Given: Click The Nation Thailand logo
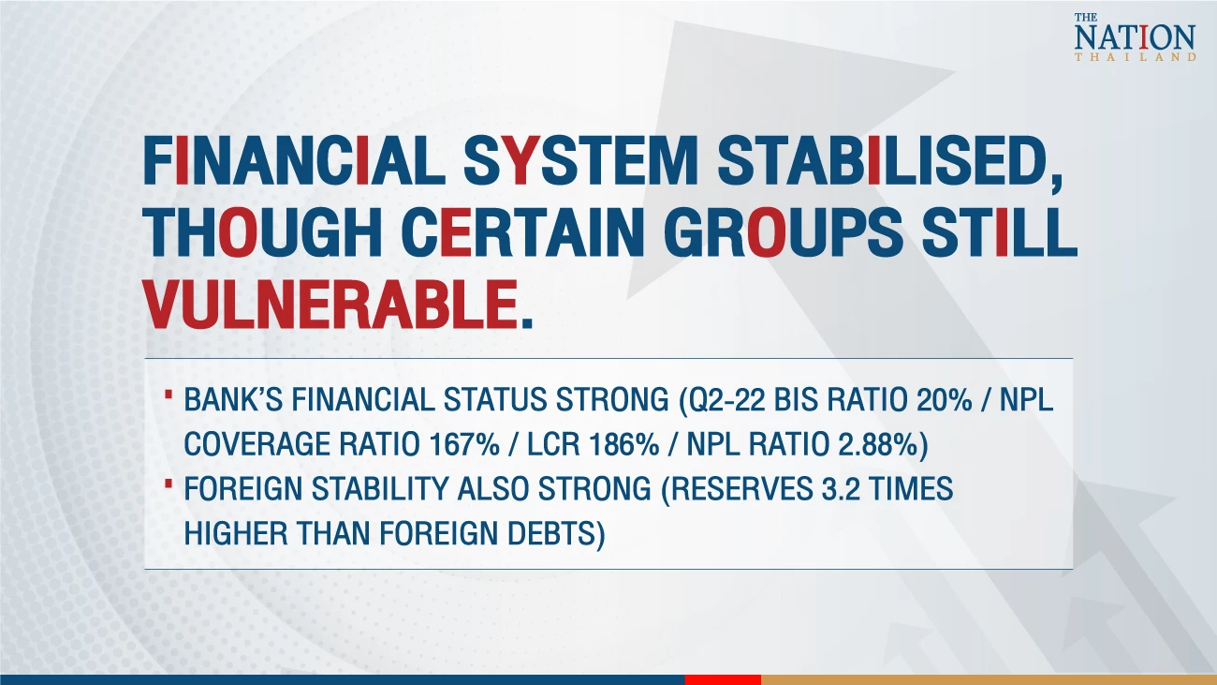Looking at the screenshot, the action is [1135, 37].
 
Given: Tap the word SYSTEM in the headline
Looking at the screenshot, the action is [580, 162].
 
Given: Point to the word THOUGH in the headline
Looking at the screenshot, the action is [263, 232].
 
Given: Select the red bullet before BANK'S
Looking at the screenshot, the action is [169, 393].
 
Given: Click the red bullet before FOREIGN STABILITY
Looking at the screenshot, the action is [169, 482].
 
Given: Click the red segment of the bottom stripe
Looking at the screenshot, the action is [723, 680].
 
